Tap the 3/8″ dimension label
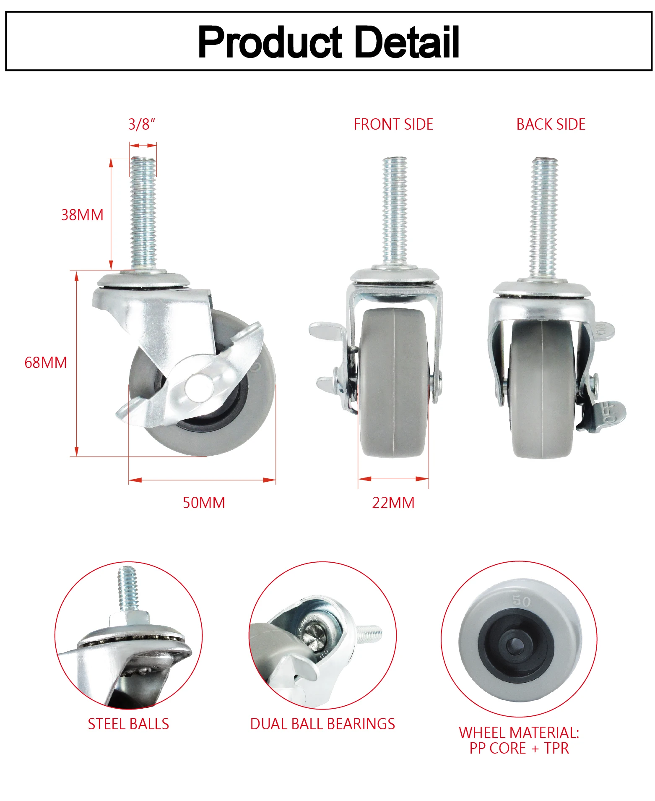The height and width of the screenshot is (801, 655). tap(142, 124)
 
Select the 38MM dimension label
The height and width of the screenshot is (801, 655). tap(82, 215)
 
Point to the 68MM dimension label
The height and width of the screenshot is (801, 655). tap(46, 363)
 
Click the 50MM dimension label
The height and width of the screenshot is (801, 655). tap(204, 503)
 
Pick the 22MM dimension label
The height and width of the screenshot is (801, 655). tap(393, 503)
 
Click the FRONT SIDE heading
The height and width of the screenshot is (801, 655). tap(393, 124)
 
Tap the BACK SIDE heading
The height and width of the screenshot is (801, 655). tap(551, 124)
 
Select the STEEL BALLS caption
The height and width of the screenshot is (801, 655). tap(128, 724)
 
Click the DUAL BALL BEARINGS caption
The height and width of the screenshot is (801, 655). tap(322, 724)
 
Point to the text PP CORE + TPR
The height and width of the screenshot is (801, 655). tap(519, 748)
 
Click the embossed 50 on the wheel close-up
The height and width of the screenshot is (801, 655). tap(522, 601)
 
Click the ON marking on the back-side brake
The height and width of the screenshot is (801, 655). tap(603, 329)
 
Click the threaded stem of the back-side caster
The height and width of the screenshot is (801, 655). tap(544, 216)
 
